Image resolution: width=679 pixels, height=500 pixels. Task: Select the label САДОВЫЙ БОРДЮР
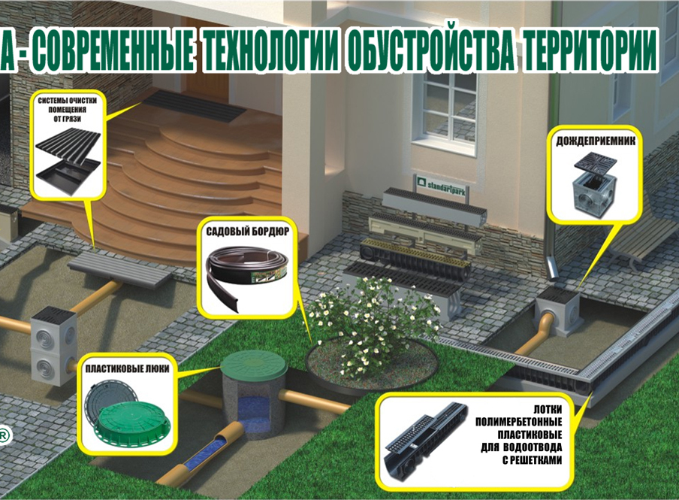click(249, 233)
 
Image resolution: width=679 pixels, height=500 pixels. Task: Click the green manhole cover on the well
click(253, 367)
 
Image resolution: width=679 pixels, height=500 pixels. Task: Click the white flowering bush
click(366, 322)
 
